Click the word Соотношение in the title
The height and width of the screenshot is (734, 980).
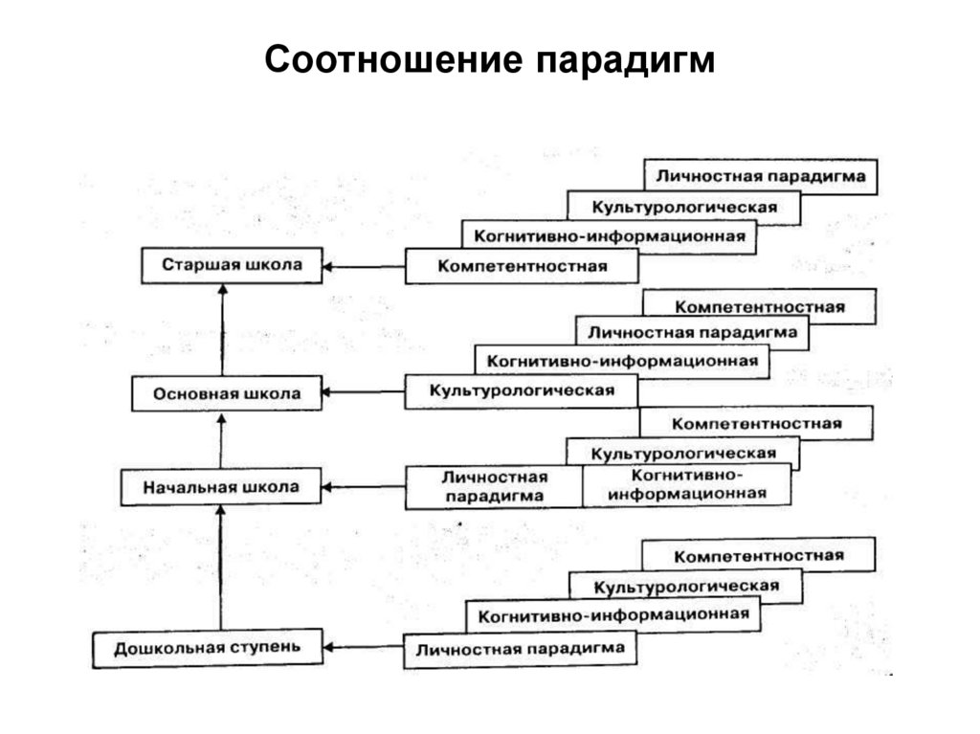pos(393,60)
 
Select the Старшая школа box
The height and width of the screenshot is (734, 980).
pos(231,265)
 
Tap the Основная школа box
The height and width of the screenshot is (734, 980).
pos(226,393)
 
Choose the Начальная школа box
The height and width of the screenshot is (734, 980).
pos(221,487)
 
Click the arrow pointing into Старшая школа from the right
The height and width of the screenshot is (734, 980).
pos(363,266)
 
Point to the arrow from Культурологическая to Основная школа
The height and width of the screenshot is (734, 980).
pos(363,391)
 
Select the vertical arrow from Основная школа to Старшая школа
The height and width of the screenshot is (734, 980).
pos(222,330)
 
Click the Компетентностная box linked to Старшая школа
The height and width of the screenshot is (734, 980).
pos(522,266)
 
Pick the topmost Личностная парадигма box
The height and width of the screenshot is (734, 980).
pos(761,176)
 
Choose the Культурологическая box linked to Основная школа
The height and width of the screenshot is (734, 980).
pos(521,391)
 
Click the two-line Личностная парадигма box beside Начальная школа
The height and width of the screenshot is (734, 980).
pos(494,486)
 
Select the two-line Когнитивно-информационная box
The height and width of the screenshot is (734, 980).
pos(687,485)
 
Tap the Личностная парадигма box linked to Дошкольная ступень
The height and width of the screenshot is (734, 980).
pos(520,649)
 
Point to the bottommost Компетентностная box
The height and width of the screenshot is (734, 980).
pos(758,556)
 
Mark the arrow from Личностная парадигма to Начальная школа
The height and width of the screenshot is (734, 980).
pos(363,487)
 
